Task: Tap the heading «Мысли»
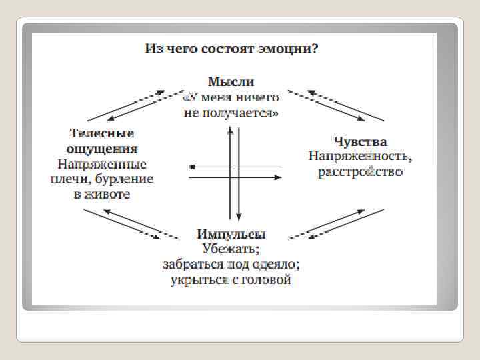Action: click(231, 82)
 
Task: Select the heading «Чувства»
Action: click(360, 142)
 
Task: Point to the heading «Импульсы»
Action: click(231, 235)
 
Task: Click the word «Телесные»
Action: click(103, 133)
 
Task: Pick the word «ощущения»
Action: click(103, 149)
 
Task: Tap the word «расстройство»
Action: click(361, 172)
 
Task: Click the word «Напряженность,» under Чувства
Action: click(360, 157)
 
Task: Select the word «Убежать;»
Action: click(231, 249)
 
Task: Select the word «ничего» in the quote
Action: click(258, 98)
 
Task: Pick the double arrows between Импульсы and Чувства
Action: click(337, 223)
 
